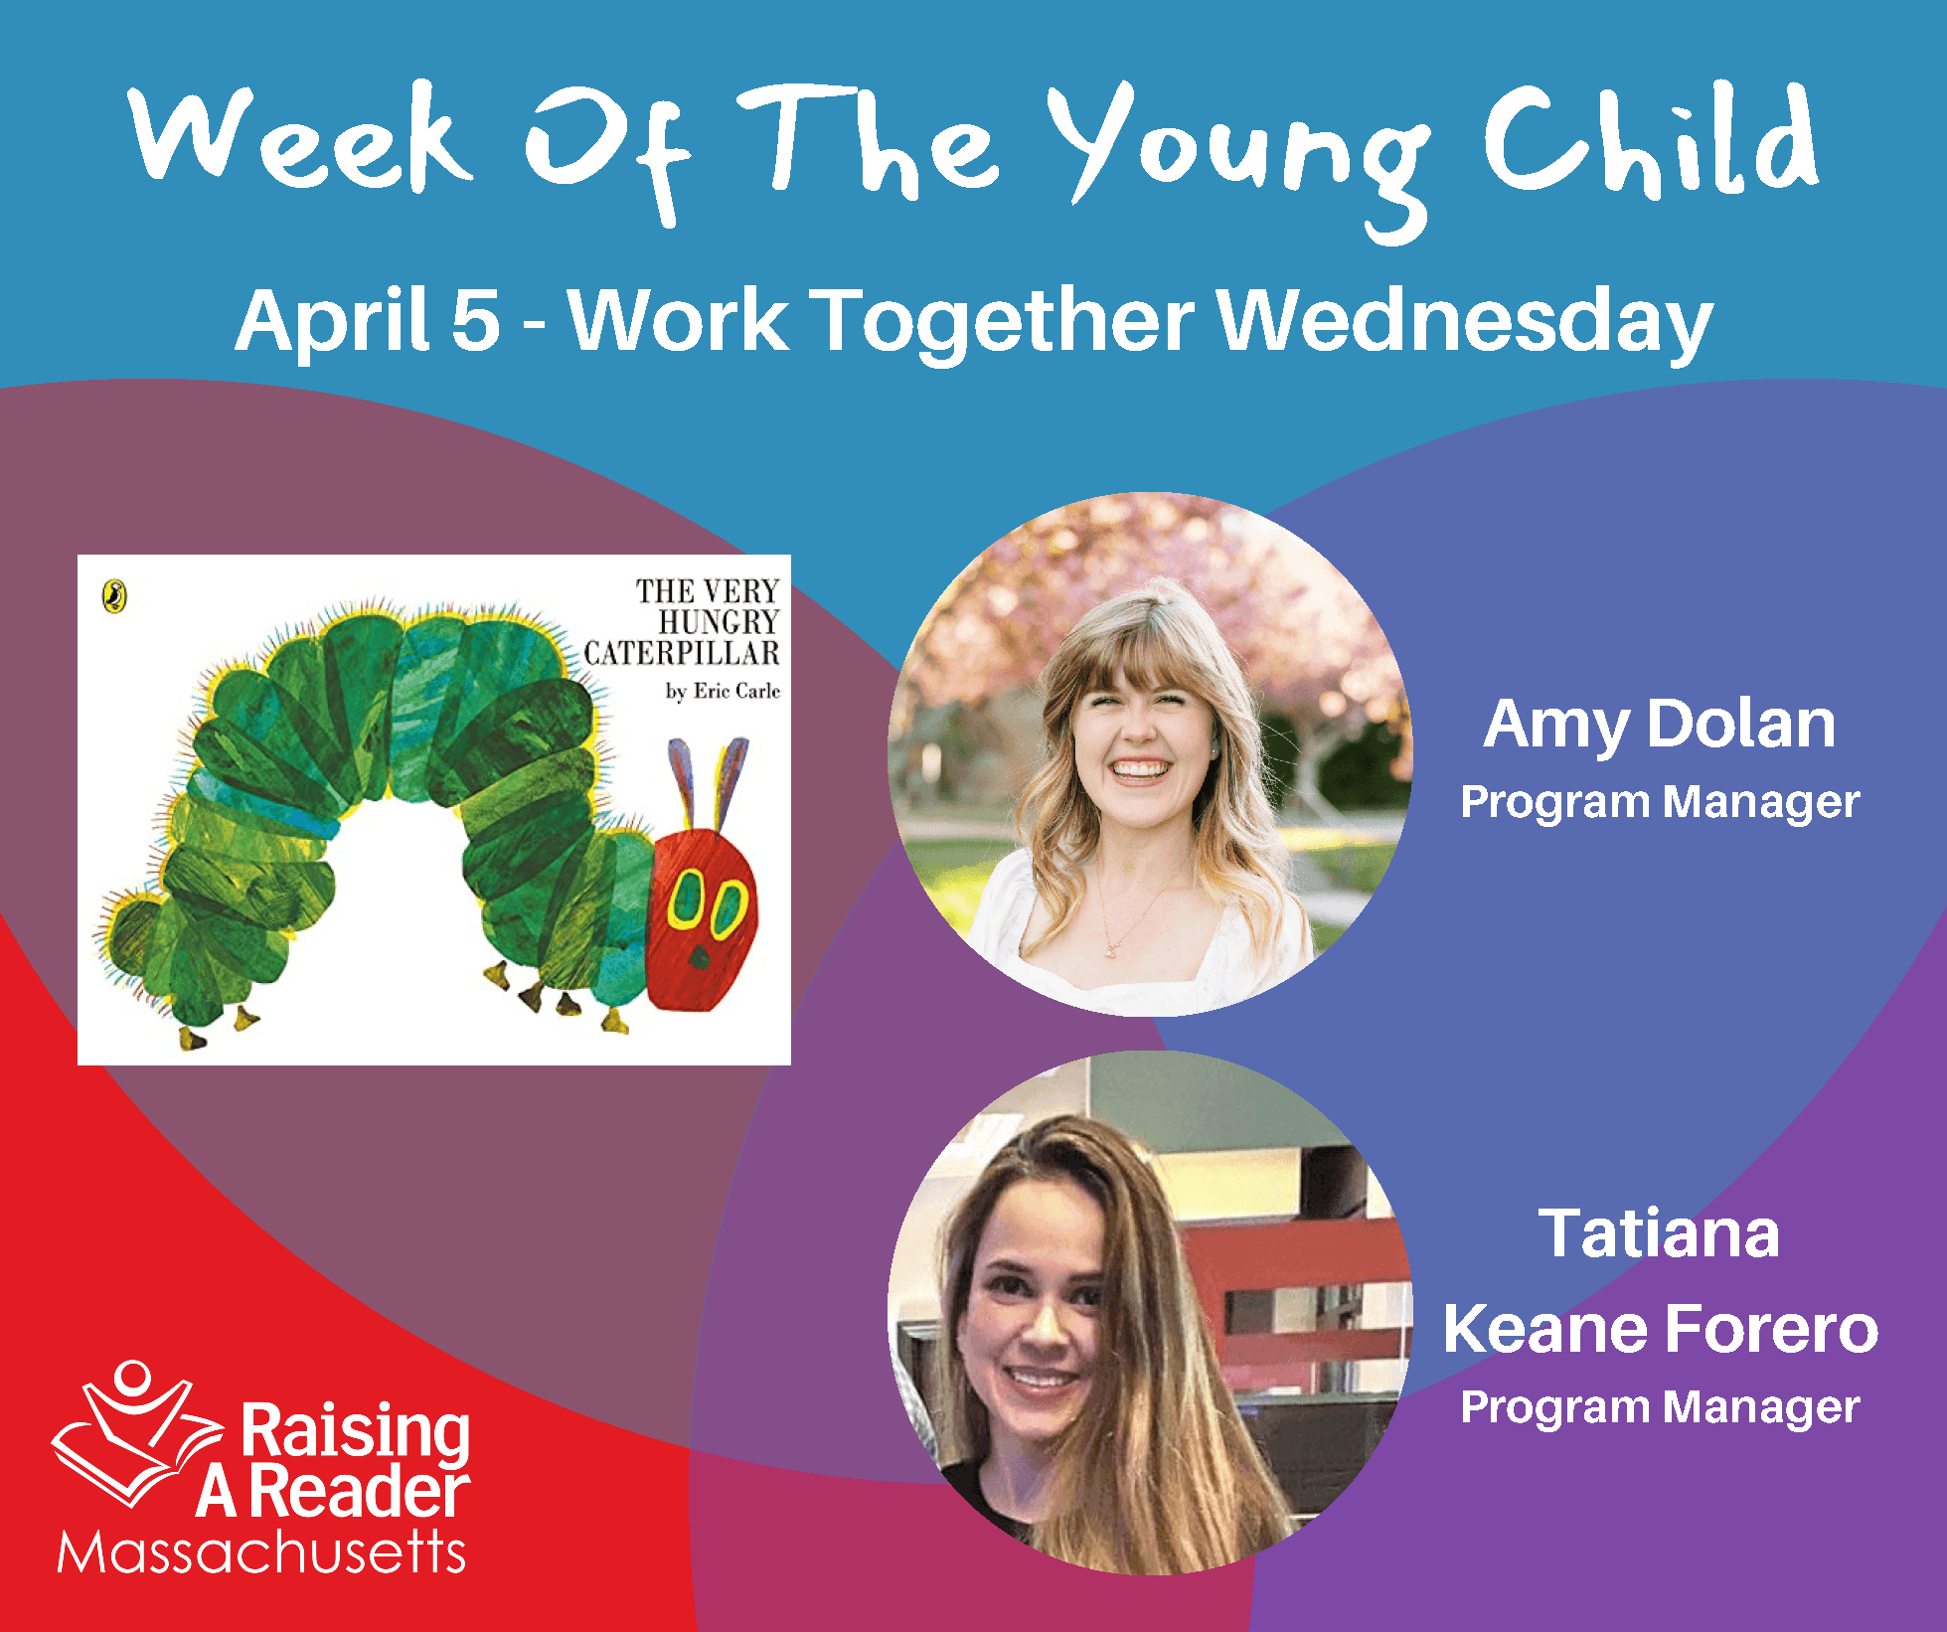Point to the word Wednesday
pyautogui.click(x=1465, y=322)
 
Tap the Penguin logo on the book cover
pyautogui.click(x=115, y=596)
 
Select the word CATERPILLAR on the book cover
pyautogui.click(x=682, y=653)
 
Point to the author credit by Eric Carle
pyautogui.click(x=723, y=691)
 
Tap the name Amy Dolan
pyautogui.click(x=1659, y=726)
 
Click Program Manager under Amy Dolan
pyautogui.click(x=1660, y=802)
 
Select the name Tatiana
pyautogui.click(x=1659, y=1233)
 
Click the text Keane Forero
pyautogui.click(x=1661, y=1328)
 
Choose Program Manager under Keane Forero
pyautogui.click(x=1660, y=1407)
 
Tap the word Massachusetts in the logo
pyautogui.click(x=261, y=1551)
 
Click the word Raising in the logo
pyautogui.click(x=356, y=1432)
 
